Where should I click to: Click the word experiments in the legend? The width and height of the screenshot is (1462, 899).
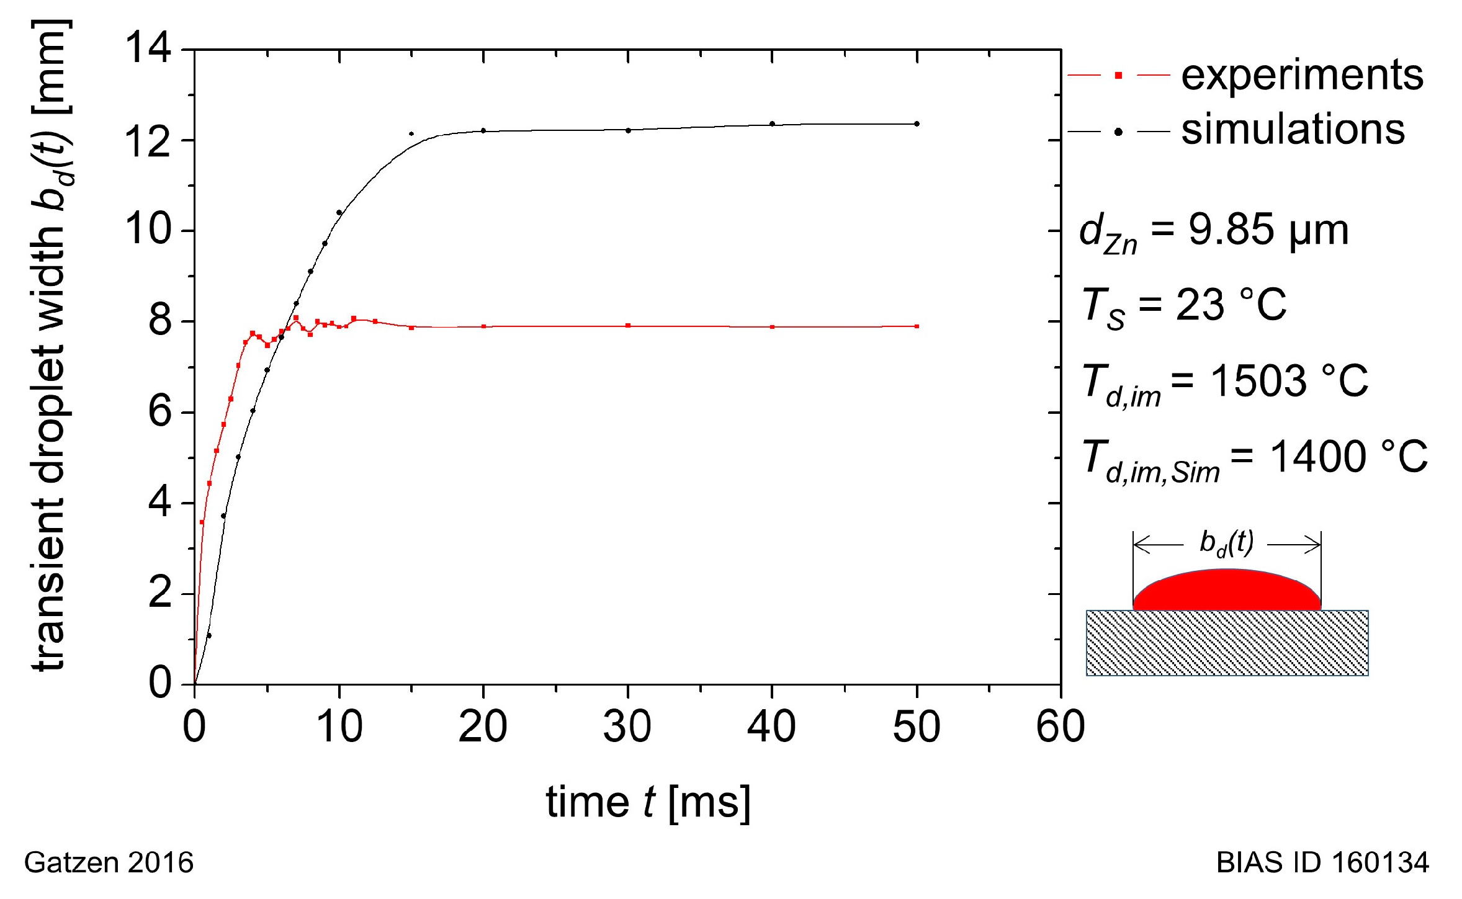[1301, 76]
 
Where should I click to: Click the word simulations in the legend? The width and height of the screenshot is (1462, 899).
[1292, 130]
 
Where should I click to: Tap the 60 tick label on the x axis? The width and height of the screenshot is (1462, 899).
[1060, 727]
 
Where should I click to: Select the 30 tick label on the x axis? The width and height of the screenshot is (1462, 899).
[627, 727]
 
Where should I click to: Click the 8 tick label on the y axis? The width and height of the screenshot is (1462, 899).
[159, 321]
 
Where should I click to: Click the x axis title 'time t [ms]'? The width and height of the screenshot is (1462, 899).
[648, 803]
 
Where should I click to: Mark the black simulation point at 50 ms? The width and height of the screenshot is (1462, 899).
[917, 124]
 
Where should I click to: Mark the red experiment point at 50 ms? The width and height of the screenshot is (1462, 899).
[917, 326]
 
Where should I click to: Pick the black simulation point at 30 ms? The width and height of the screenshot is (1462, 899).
[628, 130]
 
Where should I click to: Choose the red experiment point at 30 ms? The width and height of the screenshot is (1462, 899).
[628, 326]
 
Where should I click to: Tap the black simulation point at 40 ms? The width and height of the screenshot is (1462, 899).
[772, 124]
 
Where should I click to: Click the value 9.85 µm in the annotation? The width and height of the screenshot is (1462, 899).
[1268, 230]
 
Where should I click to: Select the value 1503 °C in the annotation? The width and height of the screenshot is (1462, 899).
[1288, 381]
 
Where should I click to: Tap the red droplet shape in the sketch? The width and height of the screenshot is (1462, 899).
[1226, 591]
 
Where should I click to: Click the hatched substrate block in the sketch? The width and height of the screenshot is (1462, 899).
[1226, 643]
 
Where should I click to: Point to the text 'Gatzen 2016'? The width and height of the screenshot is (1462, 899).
[109, 863]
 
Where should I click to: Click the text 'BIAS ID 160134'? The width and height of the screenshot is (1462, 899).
[1322, 863]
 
